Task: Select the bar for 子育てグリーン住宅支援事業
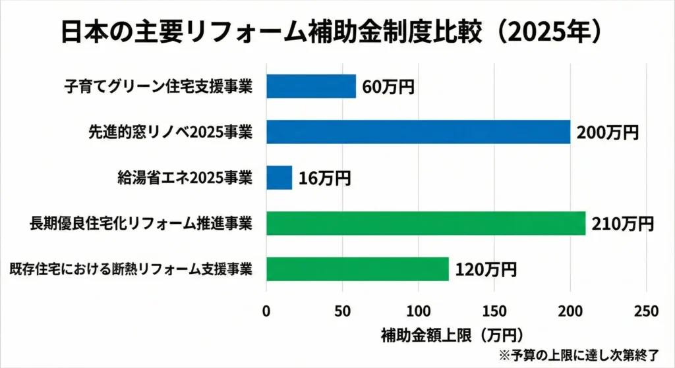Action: pos(311,86)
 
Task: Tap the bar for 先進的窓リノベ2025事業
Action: pos(418,132)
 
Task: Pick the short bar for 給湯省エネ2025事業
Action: pos(279,178)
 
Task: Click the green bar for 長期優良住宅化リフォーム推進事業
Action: pos(426,223)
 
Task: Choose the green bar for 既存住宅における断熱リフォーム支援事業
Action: pos(357,269)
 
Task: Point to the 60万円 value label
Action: pos(388,86)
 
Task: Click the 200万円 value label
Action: pos(607,132)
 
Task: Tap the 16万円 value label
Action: pos(324,178)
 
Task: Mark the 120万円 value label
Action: pos(485,269)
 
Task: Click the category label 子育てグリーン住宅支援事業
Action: pos(158,86)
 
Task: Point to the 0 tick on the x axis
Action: pos(266,311)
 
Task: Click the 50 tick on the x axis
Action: pos(342,311)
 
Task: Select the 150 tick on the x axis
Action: pos(494,311)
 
